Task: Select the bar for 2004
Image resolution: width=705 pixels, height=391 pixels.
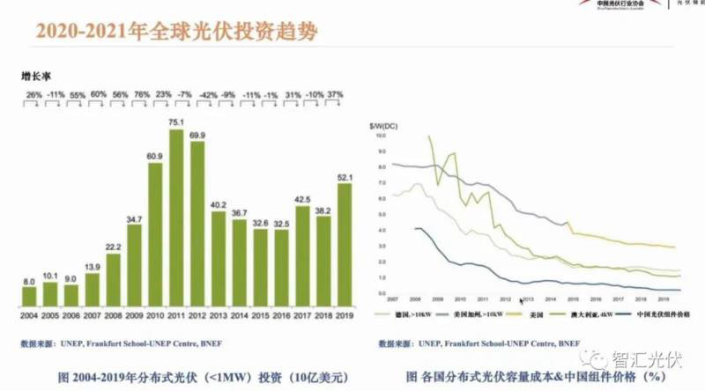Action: tap(29, 295)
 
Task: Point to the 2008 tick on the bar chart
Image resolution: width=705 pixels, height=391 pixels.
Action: tap(113, 314)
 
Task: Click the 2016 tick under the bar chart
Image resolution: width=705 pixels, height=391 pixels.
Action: tap(281, 314)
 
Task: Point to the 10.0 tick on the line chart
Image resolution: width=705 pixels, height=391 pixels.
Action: tap(382, 136)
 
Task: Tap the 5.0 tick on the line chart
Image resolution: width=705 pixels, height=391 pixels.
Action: tap(382, 215)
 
